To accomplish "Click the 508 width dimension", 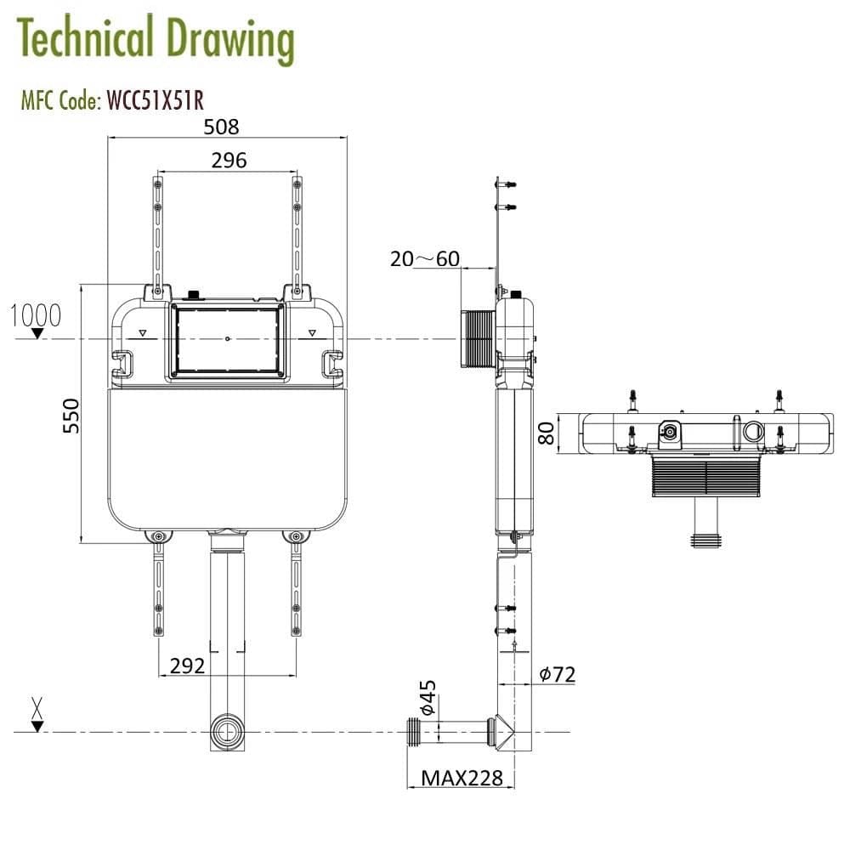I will tap(222, 127).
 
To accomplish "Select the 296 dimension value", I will tap(229, 160).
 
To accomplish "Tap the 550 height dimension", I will tap(73, 416).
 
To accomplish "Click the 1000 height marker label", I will tap(36, 315).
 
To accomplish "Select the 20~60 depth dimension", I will tap(424, 258).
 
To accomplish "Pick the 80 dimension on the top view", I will tap(546, 433).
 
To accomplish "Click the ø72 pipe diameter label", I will tap(558, 675).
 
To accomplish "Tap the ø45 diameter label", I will tap(428, 698).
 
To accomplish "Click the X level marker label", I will tap(37, 705).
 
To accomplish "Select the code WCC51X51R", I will tap(154, 100).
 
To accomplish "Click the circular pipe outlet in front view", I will tap(227, 732).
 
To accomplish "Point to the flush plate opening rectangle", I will tap(227, 341).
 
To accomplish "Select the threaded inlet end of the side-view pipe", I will tap(416, 731).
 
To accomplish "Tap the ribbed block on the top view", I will tap(705, 475).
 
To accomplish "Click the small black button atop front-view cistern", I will tap(194, 295).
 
